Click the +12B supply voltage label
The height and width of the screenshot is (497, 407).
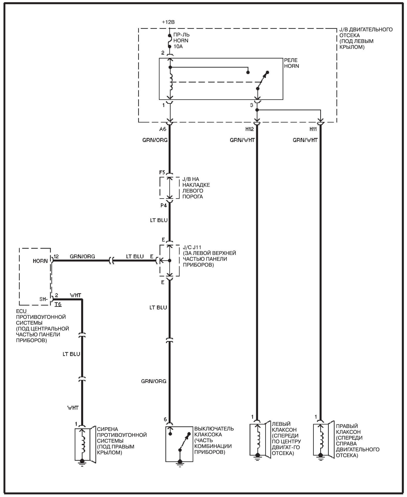pyautogui.click(x=168, y=22)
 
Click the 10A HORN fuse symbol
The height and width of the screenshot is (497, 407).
pyautogui.click(x=170, y=41)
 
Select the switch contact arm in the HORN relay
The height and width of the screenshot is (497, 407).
pyautogui.click(x=263, y=80)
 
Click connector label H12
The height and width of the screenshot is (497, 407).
pyautogui.click(x=249, y=129)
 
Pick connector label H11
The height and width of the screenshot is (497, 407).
pyautogui.click(x=313, y=129)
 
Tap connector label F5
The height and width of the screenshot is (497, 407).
pyautogui.click(x=162, y=172)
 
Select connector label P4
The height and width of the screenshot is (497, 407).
pyautogui.click(x=163, y=205)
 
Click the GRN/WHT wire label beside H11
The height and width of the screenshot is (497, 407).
pyautogui.click(x=305, y=140)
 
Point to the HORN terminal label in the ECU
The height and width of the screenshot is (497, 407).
pyautogui.click(x=40, y=261)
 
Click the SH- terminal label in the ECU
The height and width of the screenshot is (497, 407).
pyautogui.click(x=43, y=299)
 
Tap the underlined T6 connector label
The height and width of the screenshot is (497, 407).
pyautogui.click(x=58, y=304)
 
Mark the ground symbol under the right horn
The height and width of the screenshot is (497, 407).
pyautogui.click(x=321, y=457)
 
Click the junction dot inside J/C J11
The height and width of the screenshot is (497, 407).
pyautogui.click(x=170, y=261)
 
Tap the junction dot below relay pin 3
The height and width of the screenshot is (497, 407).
pyautogui.click(x=257, y=110)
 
